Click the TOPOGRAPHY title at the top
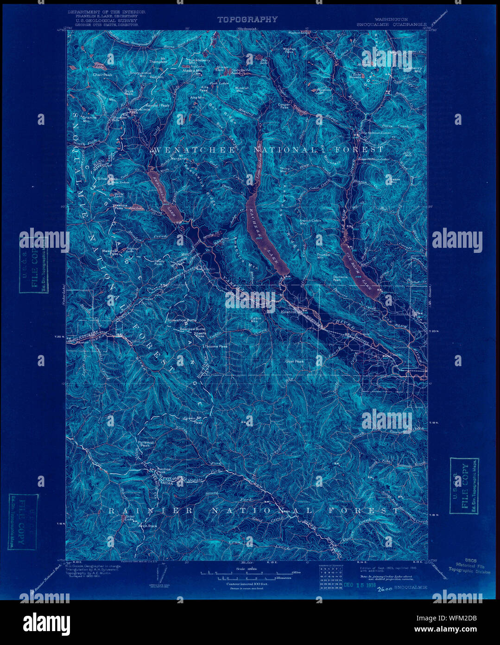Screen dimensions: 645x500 (247, 19)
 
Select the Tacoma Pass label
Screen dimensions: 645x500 (215, 346)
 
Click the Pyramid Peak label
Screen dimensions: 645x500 (146, 444)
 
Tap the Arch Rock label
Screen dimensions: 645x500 (148, 526)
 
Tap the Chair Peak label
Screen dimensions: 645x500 (102, 74)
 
